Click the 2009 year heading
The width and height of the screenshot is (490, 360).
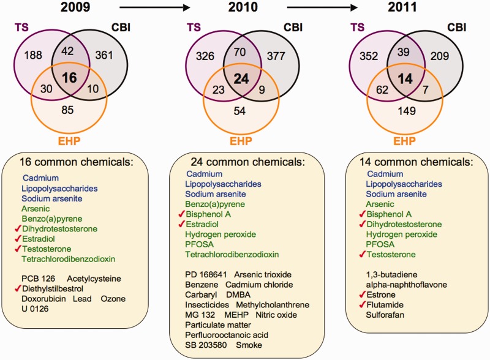[77, 9]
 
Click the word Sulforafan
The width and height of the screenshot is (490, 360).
[385, 315]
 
